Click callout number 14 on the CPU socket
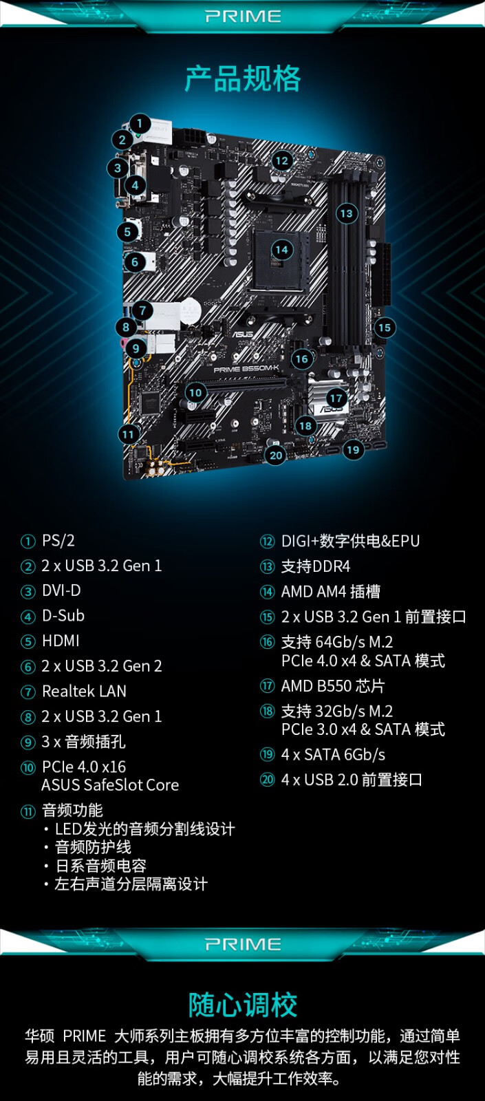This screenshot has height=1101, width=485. click(x=281, y=250)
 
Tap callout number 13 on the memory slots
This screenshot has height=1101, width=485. click(x=346, y=213)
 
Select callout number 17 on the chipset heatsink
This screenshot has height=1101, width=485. click(x=336, y=398)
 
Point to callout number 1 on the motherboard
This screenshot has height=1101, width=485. click(x=140, y=124)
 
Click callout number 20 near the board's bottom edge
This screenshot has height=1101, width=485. click(x=276, y=455)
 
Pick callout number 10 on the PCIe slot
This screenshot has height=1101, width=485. click(x=195, y=392)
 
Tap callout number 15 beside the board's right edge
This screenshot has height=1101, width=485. click(x=385, y=328)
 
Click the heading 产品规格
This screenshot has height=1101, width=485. click(x=242, y=78)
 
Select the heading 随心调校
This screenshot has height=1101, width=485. click(x=242, y=1005)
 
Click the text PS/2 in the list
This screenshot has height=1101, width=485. click(x=58, y=541)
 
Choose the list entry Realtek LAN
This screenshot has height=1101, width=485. click(x=84, y=691)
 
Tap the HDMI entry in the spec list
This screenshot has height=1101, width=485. click(x=61, y=641)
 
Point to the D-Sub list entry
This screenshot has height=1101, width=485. click(x=63, y=616)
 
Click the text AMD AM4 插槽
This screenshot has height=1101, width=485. click(x=330, y=592)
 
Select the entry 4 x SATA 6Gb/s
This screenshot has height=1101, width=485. click(x=333, y=755)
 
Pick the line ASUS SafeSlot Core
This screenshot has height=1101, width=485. click(x=110, y=785)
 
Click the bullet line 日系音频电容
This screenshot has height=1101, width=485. click(x=100, y=866)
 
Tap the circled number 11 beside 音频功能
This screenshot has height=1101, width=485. click(x=28, y=811)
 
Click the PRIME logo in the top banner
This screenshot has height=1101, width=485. click(x=243, y=16)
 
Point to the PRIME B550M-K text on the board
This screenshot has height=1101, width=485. click(x=246, y=370)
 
